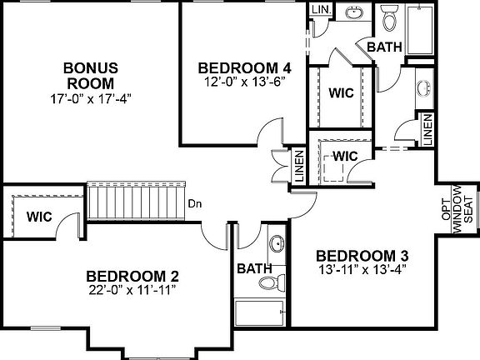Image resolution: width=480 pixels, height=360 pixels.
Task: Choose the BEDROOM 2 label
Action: tap(132, 276)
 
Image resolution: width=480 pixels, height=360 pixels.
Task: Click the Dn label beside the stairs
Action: tap(194, 202)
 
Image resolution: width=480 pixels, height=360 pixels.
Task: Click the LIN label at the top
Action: tap(320, 9)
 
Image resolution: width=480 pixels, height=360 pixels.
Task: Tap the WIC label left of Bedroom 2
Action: tap(39, 217)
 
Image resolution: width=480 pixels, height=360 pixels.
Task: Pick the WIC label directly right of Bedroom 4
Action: tap(341, 92)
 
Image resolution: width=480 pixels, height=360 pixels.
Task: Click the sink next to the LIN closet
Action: tap(354, 13)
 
